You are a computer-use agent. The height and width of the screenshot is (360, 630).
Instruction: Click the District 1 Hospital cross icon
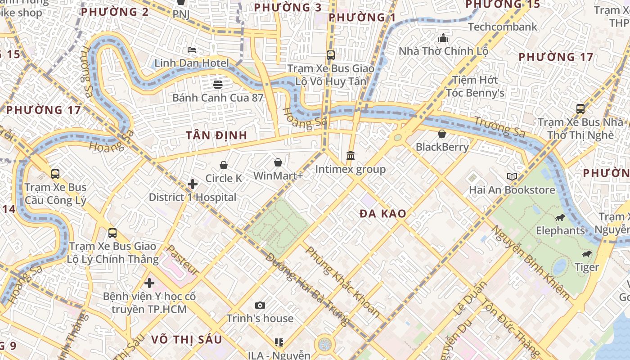[193, 184]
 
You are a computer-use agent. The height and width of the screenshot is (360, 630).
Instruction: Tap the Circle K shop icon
[224, 165]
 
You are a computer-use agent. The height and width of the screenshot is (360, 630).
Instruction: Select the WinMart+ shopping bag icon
[278, 162]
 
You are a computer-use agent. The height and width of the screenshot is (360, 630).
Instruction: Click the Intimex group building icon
[351, 156]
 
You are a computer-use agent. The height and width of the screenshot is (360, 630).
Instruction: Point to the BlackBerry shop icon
[442, 134]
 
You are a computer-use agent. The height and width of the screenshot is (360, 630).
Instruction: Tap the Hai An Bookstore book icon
[512, 176]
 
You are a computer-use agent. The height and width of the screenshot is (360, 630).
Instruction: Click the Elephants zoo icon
[560, 218]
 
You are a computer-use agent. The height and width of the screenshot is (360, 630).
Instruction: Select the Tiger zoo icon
[587, 254]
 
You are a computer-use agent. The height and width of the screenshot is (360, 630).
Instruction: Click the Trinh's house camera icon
[260, 306]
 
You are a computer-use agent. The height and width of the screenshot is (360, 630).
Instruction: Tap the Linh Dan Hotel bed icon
[192, 49]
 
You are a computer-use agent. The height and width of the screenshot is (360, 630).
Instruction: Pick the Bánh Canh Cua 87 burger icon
[218, 84]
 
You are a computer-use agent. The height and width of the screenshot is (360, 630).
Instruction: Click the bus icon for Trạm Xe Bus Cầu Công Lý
[55, 174]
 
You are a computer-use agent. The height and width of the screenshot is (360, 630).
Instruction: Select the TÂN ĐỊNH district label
[216, 135]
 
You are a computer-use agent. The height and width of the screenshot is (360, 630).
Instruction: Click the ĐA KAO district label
[383, 214]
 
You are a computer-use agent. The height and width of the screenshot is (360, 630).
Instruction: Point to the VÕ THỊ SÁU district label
[186, 339]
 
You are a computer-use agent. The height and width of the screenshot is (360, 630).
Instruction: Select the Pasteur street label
[183, 261]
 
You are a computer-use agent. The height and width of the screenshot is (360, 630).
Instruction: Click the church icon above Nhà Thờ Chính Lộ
[444, 38]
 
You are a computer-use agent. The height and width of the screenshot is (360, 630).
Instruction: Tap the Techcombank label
[503, 27]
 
